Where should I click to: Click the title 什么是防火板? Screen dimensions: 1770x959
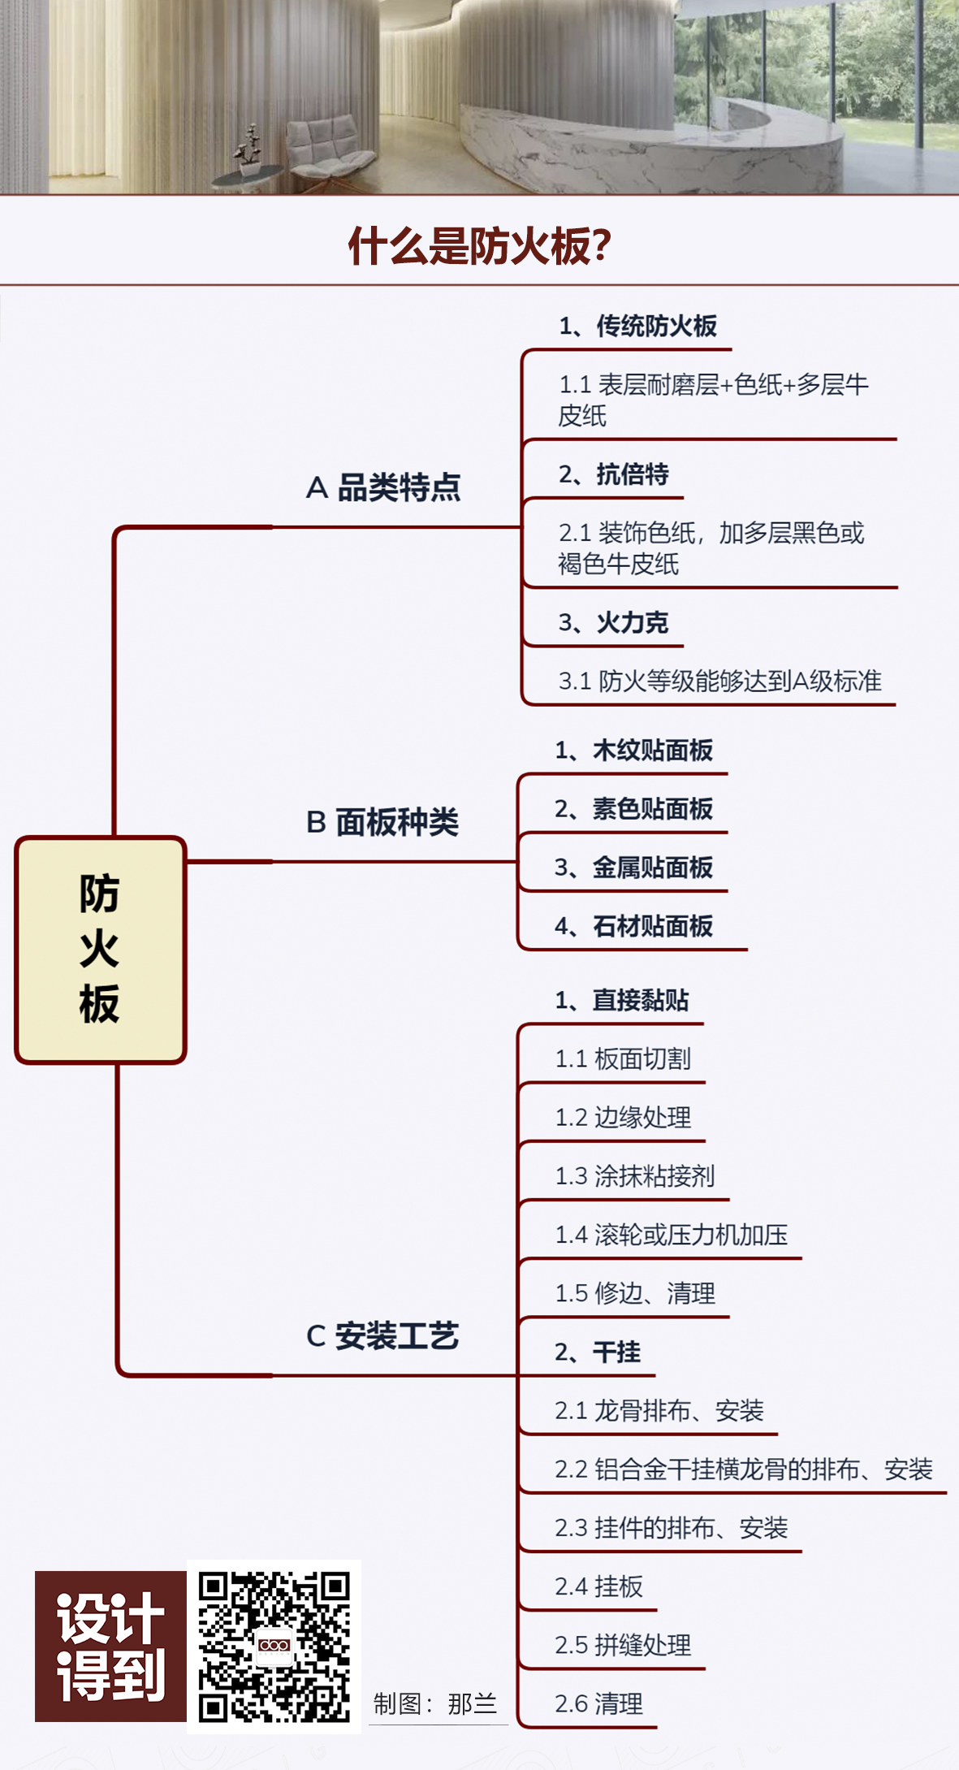click(479, 245)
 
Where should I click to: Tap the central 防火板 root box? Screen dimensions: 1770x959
click(101, 949)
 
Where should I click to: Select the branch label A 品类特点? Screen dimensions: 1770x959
click(382, 488)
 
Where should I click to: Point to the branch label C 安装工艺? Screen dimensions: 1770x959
click(382, 1335)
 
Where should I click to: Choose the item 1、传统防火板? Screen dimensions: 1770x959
click(637, 327)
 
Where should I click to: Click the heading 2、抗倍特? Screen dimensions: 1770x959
click(613, 474)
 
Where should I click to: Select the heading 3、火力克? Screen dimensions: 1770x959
click(613, 623)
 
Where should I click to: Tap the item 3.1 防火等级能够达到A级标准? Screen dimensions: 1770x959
click(719, 681)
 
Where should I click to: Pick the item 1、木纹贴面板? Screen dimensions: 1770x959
click(633, 750)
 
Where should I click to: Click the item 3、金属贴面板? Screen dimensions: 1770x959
click(633, 868)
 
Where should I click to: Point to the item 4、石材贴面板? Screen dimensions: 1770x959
click(633, 926)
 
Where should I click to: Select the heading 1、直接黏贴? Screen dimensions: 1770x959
click(622, 1000)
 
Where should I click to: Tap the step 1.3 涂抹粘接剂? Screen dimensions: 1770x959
click(634, 1175)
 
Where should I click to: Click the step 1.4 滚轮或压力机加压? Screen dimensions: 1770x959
click(671, 1235)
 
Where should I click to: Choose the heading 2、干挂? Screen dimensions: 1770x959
click(598, 1352)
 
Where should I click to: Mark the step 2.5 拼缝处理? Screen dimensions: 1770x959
click(623, 1645)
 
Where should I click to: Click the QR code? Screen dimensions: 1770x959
click(274, 1647)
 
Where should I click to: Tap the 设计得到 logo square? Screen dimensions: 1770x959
click(110, 1647)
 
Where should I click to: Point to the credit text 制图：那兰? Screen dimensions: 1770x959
click(435, 1703)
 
